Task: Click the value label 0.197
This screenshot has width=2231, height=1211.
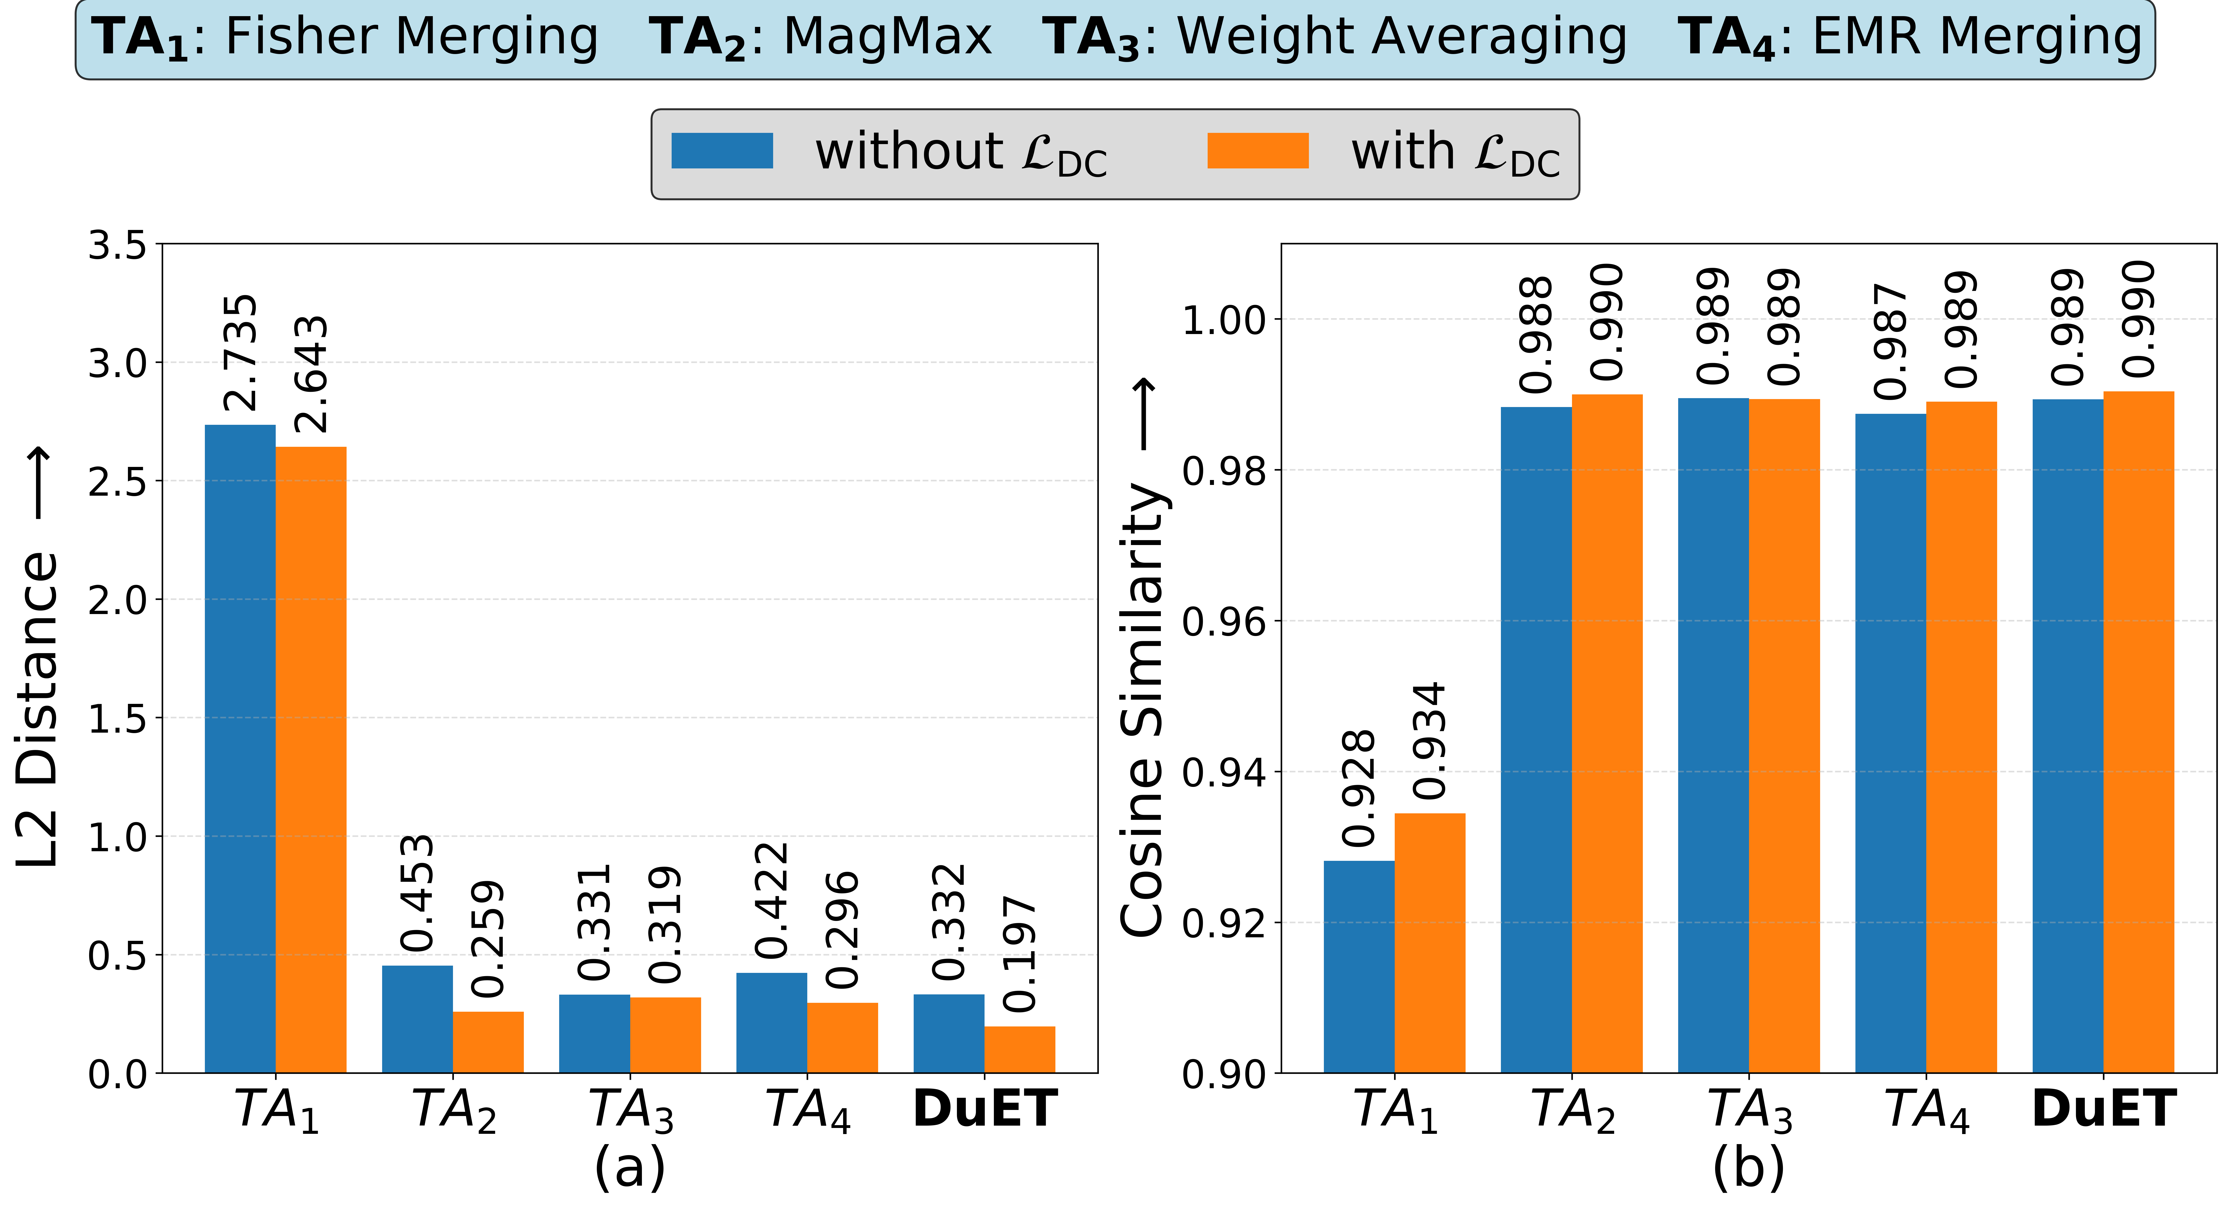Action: click(1019, 955)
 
